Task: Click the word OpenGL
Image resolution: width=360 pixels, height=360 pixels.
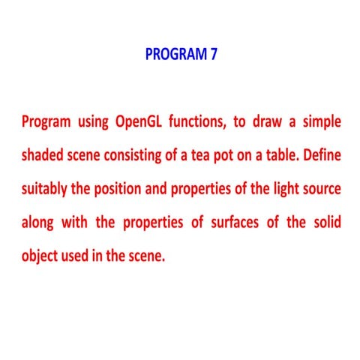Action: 141,121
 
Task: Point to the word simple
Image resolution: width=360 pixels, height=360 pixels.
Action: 321,121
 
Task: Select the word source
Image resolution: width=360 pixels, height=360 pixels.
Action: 324,189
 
